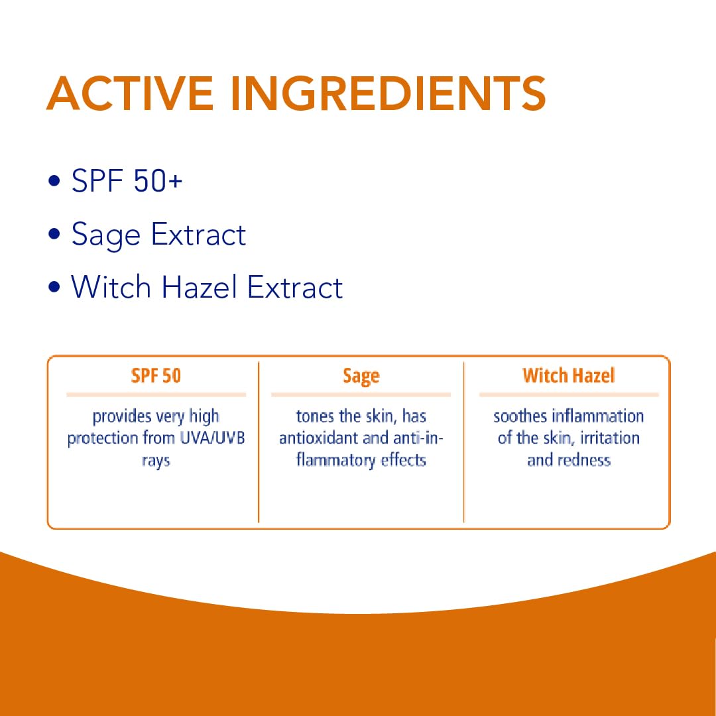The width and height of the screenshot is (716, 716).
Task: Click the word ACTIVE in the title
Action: coord(130,93)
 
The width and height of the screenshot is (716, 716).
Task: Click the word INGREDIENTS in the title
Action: coord(388,93)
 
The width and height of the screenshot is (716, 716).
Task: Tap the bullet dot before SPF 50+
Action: coord(54,180)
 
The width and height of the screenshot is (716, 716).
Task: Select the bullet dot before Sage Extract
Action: coord(54,234)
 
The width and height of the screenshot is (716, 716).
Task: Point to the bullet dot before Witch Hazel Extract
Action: coord(54,287)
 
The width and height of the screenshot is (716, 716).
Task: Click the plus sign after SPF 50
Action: coord(175,181)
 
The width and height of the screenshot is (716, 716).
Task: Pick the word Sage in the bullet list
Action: coord(106,236)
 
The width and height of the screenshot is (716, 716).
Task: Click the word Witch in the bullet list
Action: coord(111,287)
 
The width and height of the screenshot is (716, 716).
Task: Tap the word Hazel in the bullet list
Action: coord(199,287)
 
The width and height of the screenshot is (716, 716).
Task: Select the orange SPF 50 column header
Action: coord(156,375)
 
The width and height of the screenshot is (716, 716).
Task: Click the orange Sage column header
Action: coord(361,377)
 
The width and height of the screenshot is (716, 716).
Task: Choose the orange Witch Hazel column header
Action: coord(569,375)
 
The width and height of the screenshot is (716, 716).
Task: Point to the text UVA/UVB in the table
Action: coord(213,438)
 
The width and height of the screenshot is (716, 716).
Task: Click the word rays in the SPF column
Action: coord(156,461)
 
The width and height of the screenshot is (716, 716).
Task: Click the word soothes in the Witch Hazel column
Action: coord(520,416)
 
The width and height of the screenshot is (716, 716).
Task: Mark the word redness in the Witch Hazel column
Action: coord(585,460)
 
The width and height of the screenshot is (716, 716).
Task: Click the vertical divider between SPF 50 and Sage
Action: coord(259,442)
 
